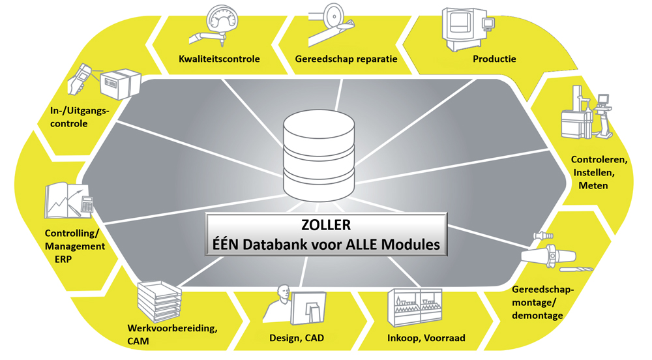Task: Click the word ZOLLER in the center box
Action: tap(327, 225)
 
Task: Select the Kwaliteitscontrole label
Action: tap(219, 59)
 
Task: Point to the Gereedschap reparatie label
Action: tap(346, 59)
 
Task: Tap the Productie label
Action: tap(494, 59)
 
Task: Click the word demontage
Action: tap(537, 316)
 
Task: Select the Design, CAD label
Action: tap(297, 338)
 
